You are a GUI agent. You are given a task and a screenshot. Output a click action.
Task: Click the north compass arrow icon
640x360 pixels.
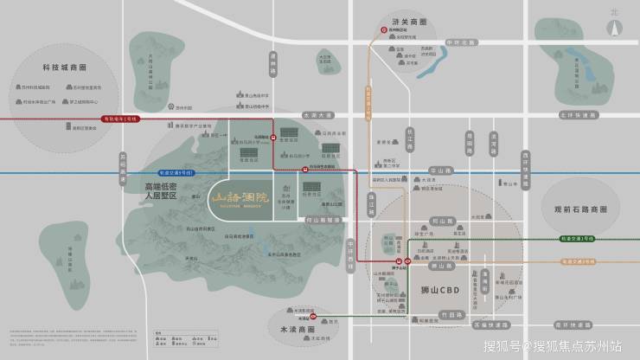[x=616, y=25]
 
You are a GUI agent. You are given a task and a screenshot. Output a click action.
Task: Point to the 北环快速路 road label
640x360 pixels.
[x=579, y=114]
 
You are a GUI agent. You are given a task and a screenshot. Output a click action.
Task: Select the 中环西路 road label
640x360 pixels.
[x=351, y=250]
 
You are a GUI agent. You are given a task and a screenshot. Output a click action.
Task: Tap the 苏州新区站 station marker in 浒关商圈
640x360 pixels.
[x=384, y=29]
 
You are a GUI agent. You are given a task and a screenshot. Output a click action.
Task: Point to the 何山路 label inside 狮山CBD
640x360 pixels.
[x=458, y=222]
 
